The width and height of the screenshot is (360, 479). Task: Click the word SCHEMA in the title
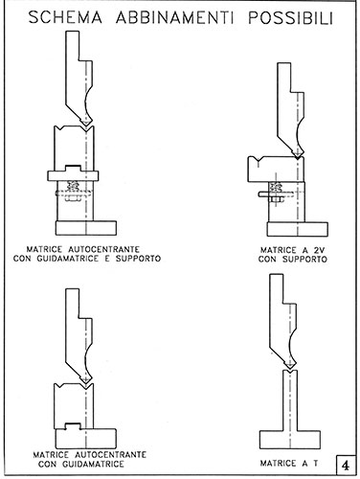65,17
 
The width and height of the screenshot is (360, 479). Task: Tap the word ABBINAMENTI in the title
174,18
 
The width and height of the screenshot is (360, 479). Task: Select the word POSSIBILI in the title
291,18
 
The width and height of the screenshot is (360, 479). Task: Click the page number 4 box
346,465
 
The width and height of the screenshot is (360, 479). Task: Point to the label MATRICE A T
289,463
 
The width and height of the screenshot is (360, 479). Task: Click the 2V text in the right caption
319,250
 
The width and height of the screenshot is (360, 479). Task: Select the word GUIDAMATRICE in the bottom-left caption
93,464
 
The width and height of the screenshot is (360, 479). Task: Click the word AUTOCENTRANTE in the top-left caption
104,249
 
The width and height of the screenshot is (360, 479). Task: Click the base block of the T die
290,440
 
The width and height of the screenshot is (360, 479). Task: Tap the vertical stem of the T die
290,400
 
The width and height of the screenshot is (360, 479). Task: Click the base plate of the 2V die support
298,229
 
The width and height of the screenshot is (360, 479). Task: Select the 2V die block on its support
276,170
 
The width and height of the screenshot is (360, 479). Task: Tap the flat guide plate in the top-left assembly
73,175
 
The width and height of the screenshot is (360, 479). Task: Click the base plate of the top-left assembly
86,228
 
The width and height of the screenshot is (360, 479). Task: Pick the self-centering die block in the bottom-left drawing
74,405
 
